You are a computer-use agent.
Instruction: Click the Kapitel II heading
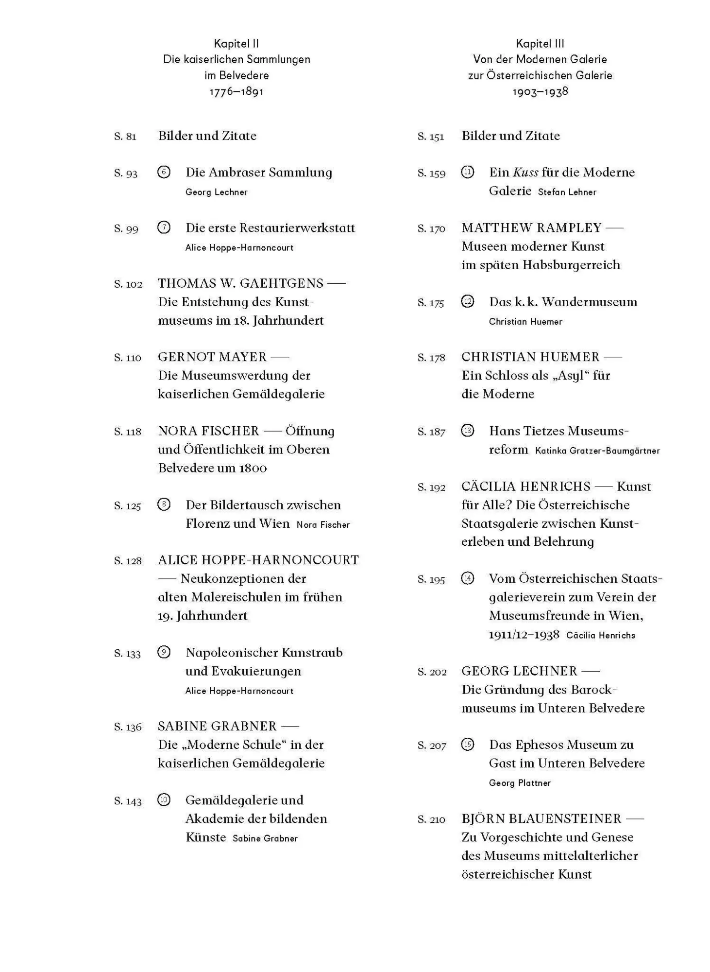236,44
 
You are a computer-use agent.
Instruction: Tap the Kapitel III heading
540,44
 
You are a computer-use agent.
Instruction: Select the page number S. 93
126,174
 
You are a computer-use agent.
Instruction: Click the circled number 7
164,227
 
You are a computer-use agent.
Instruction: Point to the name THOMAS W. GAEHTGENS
240,283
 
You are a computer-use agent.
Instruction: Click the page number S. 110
127,358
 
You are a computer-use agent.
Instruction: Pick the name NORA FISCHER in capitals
208,431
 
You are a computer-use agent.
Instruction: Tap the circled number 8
164,504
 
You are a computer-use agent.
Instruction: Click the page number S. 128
128,561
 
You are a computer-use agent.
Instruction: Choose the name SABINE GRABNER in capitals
217,727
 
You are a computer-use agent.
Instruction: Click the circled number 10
164,800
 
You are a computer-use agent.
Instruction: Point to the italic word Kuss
525,173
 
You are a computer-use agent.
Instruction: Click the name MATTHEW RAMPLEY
531,228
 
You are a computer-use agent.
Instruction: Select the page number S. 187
431,432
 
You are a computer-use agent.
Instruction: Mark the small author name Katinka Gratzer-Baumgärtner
597,451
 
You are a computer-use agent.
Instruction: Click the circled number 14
467,578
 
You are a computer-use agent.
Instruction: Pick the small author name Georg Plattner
520,783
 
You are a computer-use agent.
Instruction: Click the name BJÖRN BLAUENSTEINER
541,819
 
